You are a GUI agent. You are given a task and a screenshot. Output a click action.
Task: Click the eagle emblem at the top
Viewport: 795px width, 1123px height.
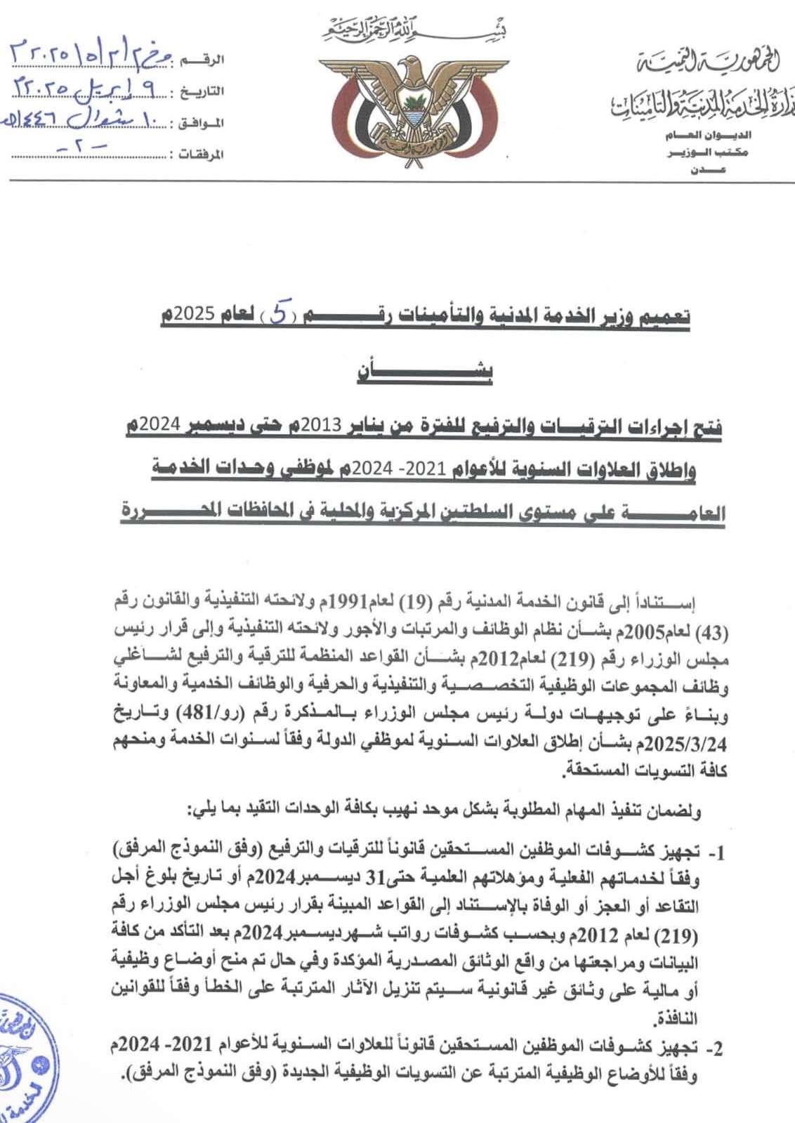[397, 107]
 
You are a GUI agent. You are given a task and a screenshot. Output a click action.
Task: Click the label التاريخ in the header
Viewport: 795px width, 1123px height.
[201, 92]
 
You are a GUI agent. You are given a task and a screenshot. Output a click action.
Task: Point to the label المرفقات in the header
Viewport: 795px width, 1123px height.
[196, 154]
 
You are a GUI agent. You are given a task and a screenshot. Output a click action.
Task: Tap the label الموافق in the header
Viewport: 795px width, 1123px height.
[199, 123]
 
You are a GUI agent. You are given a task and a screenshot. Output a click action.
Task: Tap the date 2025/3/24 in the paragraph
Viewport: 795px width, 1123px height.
[147, 742]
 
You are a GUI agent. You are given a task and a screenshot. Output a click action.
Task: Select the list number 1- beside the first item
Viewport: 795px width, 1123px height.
[715, 853]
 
